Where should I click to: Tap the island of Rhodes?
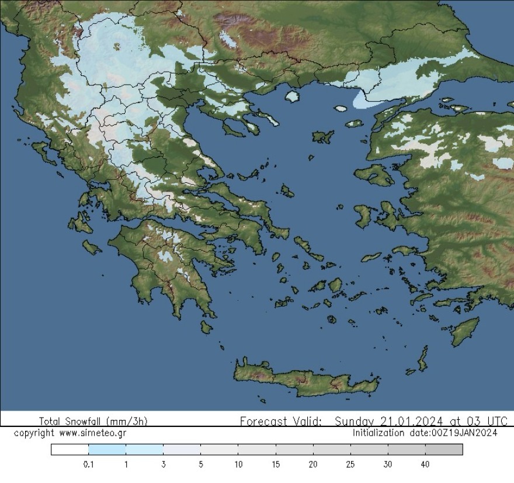pyautogui.click(x=465, y=331)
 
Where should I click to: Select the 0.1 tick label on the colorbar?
pyautogui.click(x=89, y=464)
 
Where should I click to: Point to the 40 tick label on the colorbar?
pyautogui.click(x=425, y=464)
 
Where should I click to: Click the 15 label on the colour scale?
pyautogui.click(x=276, y=464)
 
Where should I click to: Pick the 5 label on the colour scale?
pyautogui.click(x=200, y=464)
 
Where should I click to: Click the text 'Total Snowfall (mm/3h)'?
pyautogui.click(x=93, y=421)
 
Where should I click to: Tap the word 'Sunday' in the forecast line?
pyautogui.click(x=356, y=421)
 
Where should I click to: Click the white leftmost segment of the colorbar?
pyautogui.click(x=70, y=449)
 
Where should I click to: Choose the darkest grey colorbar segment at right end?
pyautogui.click(x=444, y=449)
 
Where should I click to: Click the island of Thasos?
pyautogui.click(x=293, y=96)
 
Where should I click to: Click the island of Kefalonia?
pyautogui.click(x=77, y=223)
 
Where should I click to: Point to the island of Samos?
pyautogui.click(x=403, y=251)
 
